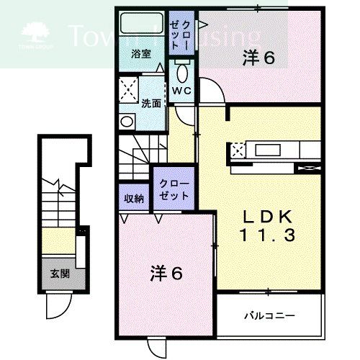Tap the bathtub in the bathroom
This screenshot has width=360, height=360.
click(141, 25)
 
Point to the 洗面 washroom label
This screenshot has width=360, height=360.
click(150, 103)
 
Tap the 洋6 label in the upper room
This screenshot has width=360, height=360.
click(259, 58)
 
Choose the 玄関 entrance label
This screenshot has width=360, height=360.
click(58, 273)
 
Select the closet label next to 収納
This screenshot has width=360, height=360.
click(174, 189)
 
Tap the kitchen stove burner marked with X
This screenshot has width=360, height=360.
click(238, 150)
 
